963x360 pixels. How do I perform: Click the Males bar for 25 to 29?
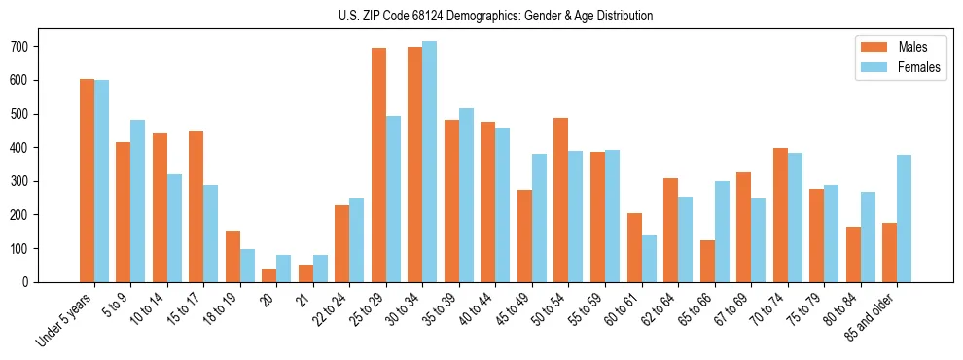click(x=378, y=164)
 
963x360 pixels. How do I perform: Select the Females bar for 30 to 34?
click(x=430, y=162)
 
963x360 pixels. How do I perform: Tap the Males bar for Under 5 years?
click(x=87, y=180)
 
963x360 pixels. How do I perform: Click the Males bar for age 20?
click(x=269, y=275)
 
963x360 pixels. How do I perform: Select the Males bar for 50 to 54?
click(x=561, y=199)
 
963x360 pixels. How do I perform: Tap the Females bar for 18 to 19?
click(x=247, y=266)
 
